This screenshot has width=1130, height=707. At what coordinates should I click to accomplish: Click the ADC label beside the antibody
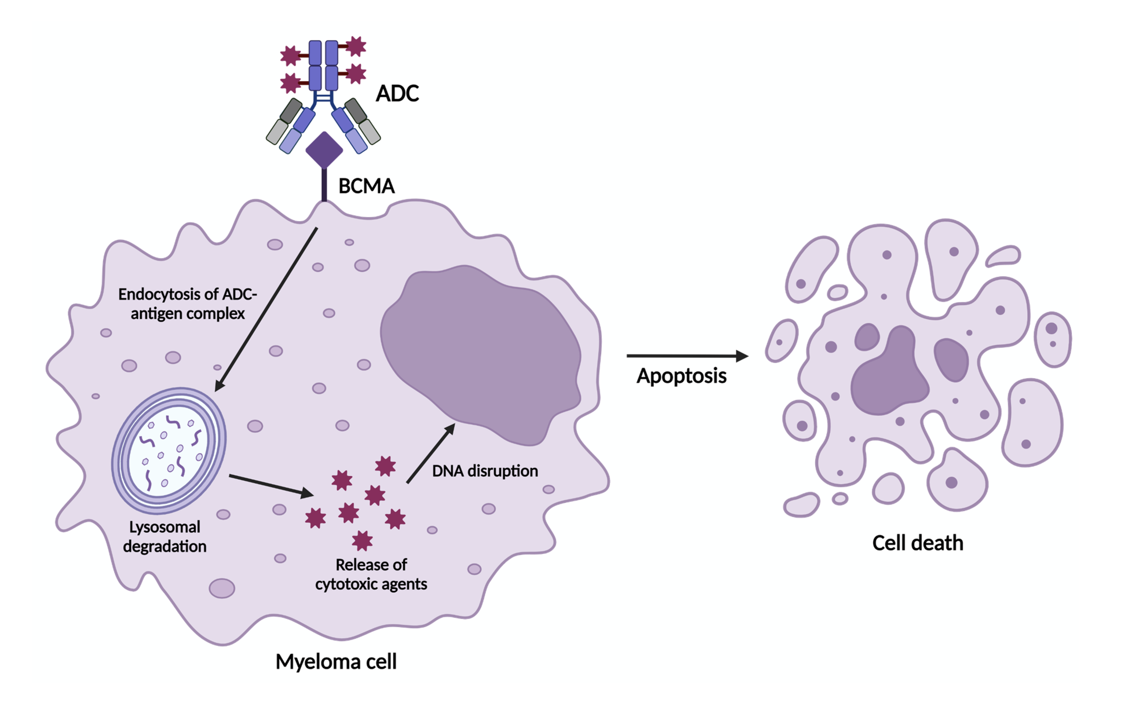[397, 93]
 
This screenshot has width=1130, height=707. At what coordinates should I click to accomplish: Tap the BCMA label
[366, 186]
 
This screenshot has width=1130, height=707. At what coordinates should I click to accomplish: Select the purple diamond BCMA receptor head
[324, 149]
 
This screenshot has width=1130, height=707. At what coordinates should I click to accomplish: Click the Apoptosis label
[681, 376]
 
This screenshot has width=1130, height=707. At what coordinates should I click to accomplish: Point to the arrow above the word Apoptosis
[687, 356]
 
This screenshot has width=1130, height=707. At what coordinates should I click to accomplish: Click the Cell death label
[917, 543]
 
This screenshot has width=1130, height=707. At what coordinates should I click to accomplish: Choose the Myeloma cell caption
[336, 662]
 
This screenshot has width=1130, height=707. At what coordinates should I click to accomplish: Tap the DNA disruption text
[485, 471]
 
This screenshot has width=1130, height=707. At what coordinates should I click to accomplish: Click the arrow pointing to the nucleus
[431, 453]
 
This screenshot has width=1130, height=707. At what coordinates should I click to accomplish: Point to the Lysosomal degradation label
[165, 537]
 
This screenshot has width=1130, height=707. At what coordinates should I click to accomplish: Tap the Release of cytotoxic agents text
[371, 574]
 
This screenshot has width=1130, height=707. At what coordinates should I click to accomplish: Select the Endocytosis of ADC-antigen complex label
[187, 304]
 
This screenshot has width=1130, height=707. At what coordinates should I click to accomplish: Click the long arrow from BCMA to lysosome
[266, 309]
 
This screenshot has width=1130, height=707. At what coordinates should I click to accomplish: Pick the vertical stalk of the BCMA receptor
[324, 185]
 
